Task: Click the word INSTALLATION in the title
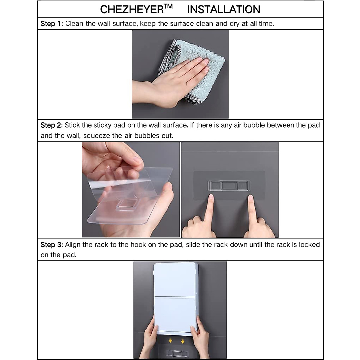pos(223,10)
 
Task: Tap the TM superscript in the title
pos(168,6)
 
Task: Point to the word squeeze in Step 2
pos(97,136)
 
